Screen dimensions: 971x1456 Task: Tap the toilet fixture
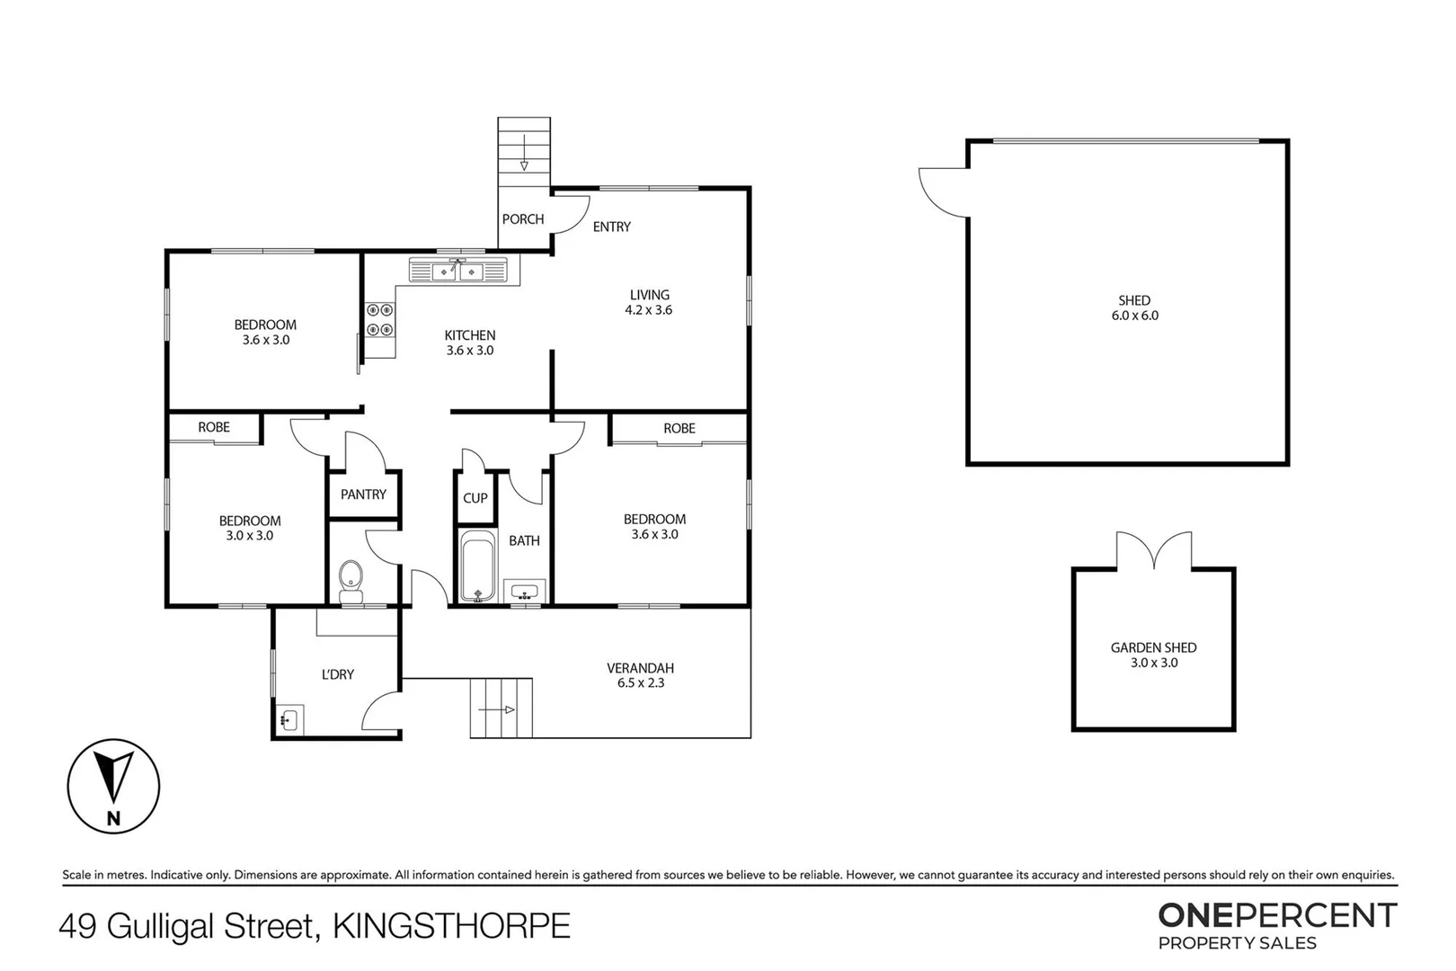point(351,580)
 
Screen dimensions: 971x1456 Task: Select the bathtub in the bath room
point(477,566)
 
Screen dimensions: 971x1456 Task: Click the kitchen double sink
point(458,270)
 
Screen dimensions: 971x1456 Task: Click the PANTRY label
point(363,494)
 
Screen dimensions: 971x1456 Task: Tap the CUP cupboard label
point(475,498)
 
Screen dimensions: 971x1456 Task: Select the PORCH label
point(523,219)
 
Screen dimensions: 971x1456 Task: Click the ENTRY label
point(612,227)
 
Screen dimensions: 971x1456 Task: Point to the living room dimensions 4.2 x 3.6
point(649,310)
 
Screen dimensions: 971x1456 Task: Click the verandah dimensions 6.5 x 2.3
point(641,683)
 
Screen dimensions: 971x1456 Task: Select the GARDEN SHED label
point(1153,647)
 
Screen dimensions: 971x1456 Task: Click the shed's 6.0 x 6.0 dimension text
point(1134,316)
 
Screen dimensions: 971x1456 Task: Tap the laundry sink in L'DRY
point(289,719)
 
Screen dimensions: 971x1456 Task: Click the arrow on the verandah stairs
point(497,710)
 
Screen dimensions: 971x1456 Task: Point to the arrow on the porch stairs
point(524,153)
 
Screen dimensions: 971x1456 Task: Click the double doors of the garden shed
point(1154,550)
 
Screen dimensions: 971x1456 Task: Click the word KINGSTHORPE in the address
point(451,926)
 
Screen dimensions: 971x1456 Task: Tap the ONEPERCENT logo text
point(1276,915)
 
